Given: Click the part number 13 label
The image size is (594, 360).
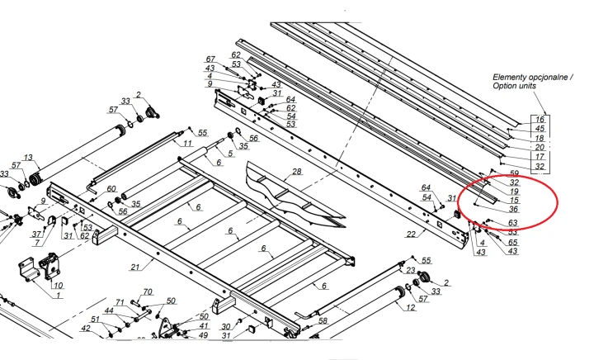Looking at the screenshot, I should coord(29,158).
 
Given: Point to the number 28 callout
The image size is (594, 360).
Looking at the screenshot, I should coord(296,172).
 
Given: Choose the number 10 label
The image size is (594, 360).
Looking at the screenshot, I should coord(58,286).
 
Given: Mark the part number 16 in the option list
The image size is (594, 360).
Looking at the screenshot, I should coord(540,119).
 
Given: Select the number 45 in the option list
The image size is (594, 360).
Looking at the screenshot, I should coord(540,128).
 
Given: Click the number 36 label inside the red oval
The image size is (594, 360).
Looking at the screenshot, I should coord(513,209).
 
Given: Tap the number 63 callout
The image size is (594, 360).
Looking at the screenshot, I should coord(513,223).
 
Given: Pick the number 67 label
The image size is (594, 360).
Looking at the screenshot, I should coord(210,59).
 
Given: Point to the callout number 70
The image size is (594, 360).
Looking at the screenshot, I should coord(148,291).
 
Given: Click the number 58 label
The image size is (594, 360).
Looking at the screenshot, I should coord(323,320).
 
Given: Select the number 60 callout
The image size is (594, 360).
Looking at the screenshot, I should coord(112,189).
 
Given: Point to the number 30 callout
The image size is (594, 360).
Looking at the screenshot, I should coord(225,327).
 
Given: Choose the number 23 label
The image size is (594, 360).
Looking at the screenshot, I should coord(411,269).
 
